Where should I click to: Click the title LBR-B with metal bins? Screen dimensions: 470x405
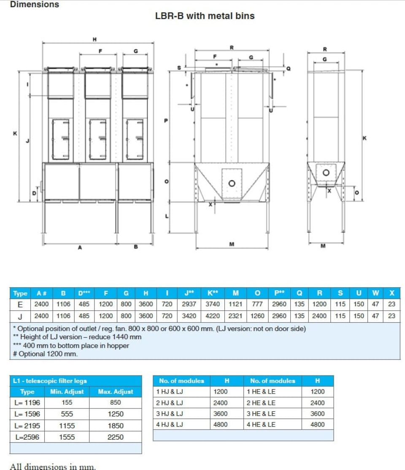click(205, 16)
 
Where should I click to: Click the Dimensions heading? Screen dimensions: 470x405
click(35, 5)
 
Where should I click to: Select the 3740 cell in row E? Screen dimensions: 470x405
click(212, 304)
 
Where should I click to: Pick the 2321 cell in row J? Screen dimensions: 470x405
click(236, 316)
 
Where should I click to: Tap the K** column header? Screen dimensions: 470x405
click(212, 293)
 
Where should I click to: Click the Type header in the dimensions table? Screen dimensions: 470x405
click(20, 293)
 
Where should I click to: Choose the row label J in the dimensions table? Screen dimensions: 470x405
click(20, 316)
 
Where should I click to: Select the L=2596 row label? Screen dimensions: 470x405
click(27, 437)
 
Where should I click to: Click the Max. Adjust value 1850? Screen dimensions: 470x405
click(115, 426)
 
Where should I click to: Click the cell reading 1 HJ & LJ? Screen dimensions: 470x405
click(170, 392)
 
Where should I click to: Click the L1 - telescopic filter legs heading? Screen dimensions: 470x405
click(50, 381)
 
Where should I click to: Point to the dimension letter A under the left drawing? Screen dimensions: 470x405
click(80, 248)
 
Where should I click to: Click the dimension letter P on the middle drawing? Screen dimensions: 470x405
click(166, 121)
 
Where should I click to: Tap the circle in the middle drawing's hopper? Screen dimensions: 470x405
click(232, 183)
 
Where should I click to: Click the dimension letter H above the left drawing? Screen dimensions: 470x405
click(94, 39)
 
